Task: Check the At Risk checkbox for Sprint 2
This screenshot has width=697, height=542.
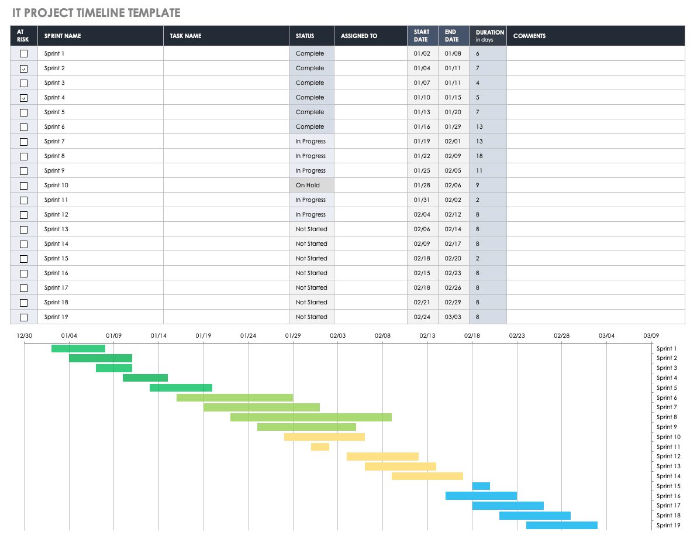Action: pyautogui.click(x=24, y=68)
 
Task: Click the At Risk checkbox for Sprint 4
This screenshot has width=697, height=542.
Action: pyautogui.click(x=24, y=98)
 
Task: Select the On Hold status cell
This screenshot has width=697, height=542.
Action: pyautogui.click(x=311, y=186)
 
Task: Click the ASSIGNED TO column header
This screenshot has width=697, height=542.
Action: pyautogui.click(x=359, y=36)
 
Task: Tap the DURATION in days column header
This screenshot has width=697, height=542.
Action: pyautogui.click(x=489, y=36)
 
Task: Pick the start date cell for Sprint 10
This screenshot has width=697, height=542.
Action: pyautogui.click(x=422, y=186)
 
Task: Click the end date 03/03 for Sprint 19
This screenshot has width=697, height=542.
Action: pyautogui.click(x=453, y=317)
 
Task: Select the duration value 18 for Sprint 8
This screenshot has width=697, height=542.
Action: pyautogui.click(x=479, y=156)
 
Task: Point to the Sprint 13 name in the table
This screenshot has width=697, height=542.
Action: pyautogui.click(x=56, y=229)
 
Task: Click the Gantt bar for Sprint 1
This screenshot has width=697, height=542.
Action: pyautogui.click(x=78, y=349)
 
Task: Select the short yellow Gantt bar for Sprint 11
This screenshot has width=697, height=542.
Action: pyautogui.click(x=320, y=447)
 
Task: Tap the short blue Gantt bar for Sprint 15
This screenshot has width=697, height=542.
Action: pyautogui.click(x=481, y=486)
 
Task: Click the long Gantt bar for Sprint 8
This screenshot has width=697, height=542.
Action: pyautogui.click(x=310, y=417)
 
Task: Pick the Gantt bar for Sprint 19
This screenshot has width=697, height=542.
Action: pyautogui.click(x=561, y=526)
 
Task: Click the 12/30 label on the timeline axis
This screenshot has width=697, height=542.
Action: pyautogui.click(x=25, y=336)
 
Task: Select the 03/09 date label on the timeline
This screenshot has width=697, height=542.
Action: pyautogui.click(x=651, y=336)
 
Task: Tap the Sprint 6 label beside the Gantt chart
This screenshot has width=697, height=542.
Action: pyautogui.click(x=667, y=398)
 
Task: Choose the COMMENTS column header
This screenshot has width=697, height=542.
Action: pyautogui.click(x=529, y=36)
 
